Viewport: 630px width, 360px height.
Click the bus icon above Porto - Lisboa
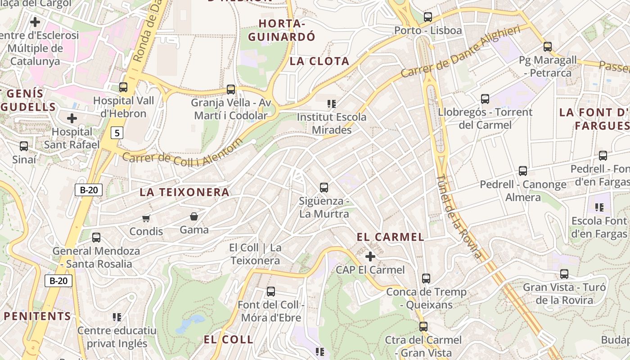pos(427,17)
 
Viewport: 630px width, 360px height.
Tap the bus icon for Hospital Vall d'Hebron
pos(123,87)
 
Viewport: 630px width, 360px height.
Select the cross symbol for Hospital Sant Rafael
pos(72,119)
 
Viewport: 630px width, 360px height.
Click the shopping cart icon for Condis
pos(146,218)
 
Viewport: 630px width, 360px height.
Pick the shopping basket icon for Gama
pos(194,217)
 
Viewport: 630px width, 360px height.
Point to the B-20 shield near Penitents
pos(58,281)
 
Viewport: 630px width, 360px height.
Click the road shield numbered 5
pos(117,133)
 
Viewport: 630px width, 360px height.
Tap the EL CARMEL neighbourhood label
pos(390,237)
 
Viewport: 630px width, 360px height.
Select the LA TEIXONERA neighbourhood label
pos(184,192)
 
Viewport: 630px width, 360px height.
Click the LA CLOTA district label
pos(319,61)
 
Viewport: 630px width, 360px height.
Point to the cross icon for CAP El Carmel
pos(370,256)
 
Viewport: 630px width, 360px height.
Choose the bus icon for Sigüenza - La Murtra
pos(324,188)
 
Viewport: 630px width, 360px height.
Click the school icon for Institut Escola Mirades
pos(332,104)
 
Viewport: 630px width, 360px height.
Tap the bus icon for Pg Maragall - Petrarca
pos(547,47)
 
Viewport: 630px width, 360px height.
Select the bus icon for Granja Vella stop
pos(231,89)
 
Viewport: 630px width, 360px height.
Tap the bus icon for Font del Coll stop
pos(270,292)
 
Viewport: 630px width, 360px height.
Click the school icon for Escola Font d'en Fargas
pos(599,207)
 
